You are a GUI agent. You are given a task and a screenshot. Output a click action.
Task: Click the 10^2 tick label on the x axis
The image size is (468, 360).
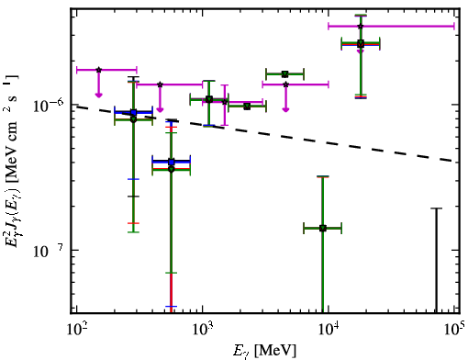click(x=76, y=329)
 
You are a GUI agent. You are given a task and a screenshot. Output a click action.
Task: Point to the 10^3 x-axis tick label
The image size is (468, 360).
click(x=203, y=329)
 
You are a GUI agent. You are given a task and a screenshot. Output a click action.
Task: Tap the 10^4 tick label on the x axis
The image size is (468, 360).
click(x=329, y=329)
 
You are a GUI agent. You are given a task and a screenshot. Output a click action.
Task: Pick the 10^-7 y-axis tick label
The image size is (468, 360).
click(x=49, y=251)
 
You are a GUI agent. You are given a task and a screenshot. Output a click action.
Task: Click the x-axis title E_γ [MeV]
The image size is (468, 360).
click(x=264, y=351)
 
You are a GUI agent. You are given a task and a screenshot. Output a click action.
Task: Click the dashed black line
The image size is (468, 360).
click(x=265, y=134)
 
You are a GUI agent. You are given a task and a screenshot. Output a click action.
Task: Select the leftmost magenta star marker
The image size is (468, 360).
click(x=98, y=70)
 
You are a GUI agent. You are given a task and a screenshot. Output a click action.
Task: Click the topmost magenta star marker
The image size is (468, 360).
click(x=361, y=27)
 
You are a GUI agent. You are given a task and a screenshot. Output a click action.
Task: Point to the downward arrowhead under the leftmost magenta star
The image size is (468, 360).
click(x=98, y=95)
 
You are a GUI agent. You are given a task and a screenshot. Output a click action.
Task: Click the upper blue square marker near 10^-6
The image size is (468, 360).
click(x=133, y=112)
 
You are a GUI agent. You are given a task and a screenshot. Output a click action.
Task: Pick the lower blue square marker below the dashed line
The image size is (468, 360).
click(x=172, y=162)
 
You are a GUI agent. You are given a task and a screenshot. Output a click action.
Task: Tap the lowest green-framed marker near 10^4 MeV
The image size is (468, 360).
click(x=323, y=228)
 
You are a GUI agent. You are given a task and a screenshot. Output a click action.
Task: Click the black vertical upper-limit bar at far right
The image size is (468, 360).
click(x=436, y=260)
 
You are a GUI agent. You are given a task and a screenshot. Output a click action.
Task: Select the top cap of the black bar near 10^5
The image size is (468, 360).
click(x=436, y=208)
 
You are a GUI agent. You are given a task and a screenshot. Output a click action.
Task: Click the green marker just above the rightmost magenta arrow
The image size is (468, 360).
click(x=285, y=74)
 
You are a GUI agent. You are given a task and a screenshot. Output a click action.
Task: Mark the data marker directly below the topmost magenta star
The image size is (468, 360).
click(x=361, y=44)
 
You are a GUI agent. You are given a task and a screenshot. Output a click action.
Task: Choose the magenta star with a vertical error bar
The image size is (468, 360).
click(x=225, y=102)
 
